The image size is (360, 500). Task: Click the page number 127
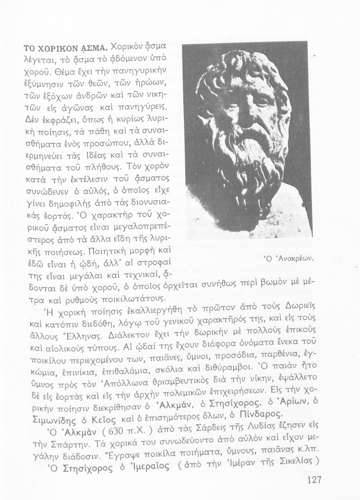click(x=313, y=480)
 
